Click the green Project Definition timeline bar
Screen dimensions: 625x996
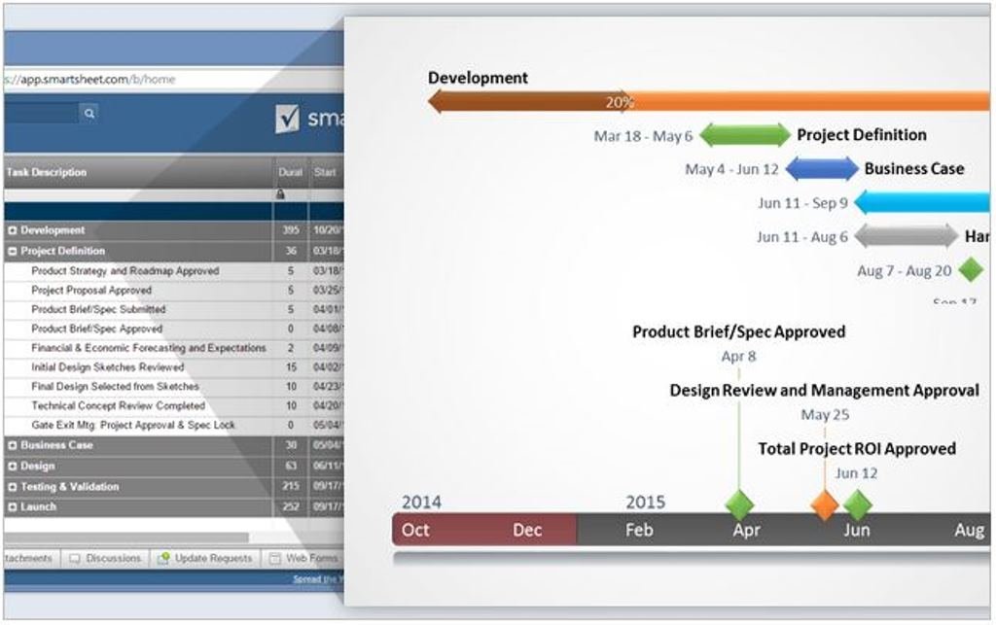(x=745, y=136)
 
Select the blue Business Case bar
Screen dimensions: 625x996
(x=822, y=169)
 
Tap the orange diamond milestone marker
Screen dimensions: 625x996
(x=825, y=504)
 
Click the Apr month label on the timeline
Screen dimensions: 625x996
(x=746, y=530)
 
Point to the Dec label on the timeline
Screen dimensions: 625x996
(x=527, y=530)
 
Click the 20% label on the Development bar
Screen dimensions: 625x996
(x=620, y=101)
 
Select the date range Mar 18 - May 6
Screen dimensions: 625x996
(x=643, y=136)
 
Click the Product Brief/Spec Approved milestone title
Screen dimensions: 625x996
(x=738, y=331)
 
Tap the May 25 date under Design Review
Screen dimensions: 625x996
(x=825, y=415)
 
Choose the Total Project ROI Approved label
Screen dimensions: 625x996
(x=857, y=449)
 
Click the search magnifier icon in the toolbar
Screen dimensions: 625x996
(x=89, y=114)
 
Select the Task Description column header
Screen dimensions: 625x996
(x=47, y=172)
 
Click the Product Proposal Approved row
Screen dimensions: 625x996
(x=91, y=290)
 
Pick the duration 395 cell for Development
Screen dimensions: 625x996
(x=290, y=230)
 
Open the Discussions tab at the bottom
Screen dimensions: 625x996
(x=107, y=558)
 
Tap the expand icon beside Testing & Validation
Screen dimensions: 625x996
(x=13, y=487)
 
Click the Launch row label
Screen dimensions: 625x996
(x=39, y=507)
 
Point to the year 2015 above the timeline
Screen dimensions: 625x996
(x=645, y=503)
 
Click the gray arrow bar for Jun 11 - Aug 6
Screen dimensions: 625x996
(x=906, y=236)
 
